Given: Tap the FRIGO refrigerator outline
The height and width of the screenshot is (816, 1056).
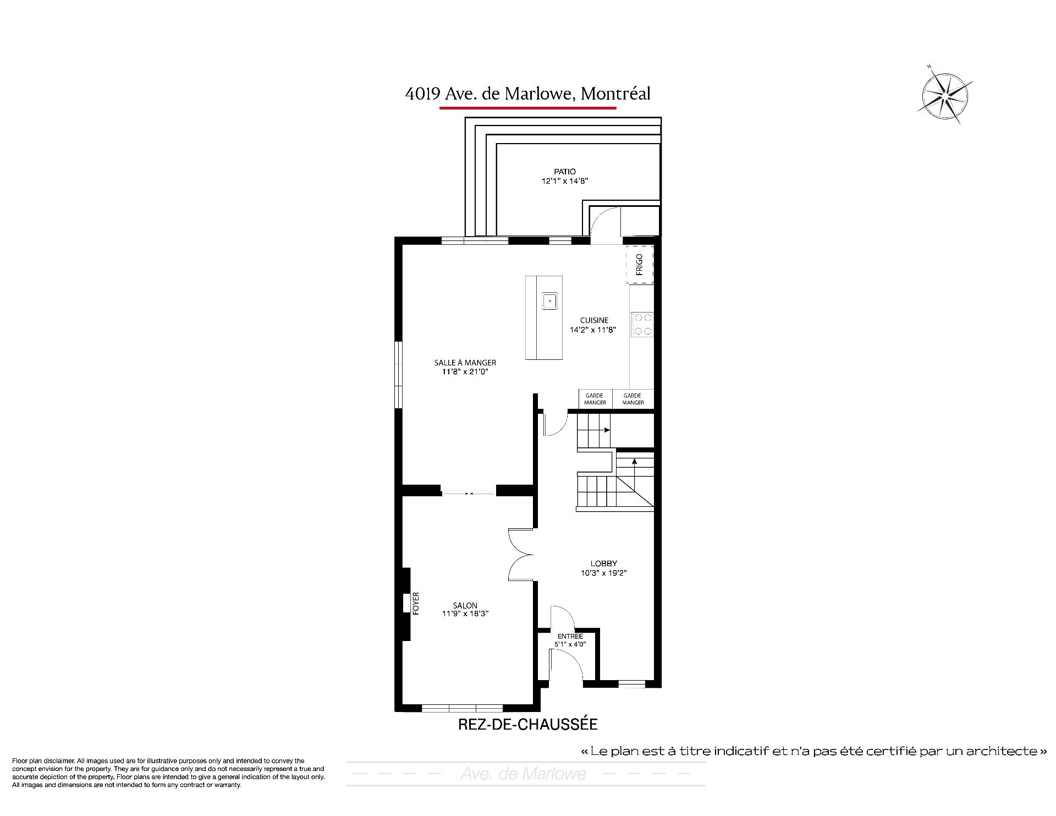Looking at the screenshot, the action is coord(640,265).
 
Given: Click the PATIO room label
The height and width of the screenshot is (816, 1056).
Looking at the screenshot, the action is coord(565,172).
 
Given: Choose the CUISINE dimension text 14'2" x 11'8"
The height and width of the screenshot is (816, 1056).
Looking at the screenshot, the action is coord(592,330).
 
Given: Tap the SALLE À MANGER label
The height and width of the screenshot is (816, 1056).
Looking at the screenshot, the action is coord(465,363).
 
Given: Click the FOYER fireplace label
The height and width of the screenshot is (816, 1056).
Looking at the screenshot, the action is coord(416,603).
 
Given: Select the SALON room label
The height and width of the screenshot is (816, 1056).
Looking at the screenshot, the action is coord(465,605).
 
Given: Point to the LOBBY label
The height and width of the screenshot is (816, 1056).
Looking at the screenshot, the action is coord(604,563).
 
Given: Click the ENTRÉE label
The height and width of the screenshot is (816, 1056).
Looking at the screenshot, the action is coord(570,637).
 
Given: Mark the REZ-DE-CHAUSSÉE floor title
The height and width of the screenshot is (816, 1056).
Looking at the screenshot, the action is coord(528,724).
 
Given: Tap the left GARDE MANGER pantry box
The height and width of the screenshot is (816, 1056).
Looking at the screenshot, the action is coord(595,399).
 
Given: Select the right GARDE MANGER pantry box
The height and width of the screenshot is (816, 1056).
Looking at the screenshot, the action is coord(633,399).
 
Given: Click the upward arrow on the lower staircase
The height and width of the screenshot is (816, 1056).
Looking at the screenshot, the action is coord(634,476).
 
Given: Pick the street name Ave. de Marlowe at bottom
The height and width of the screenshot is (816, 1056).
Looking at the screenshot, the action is coord(523,774).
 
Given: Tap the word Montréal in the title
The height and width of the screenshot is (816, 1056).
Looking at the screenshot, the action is coord(616,94).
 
